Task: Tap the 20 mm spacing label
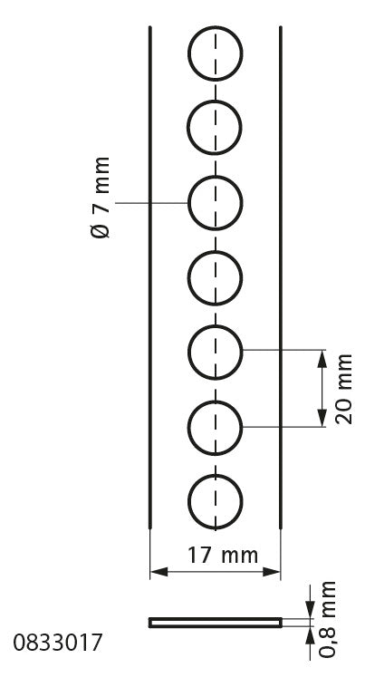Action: [x=344, y=389]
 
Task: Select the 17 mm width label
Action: [x=223, y=555]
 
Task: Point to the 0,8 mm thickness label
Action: [x=327, y=619]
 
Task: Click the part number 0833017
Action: [x=57, y=643]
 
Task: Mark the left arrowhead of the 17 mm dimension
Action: [x=159, y=572]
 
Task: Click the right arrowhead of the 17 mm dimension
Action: [x=272, y=572]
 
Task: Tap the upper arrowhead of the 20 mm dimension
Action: [x=322, y=358]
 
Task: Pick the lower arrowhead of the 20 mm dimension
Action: [x=322, y=418]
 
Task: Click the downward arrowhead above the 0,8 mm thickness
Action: [x=311, y=609]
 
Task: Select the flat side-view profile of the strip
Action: [x=216, y=623]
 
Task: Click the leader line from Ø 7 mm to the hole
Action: [x=151, y=203]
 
